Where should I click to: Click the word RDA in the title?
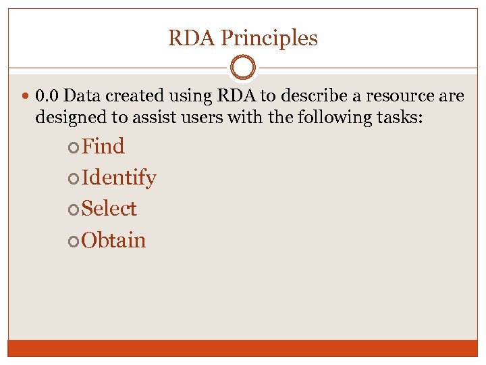coord(192,38)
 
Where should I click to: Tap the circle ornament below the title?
coord(243,68)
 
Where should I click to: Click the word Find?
coord(103,146)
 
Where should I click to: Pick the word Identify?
coord(119,178)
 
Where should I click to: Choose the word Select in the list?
coord(109,209)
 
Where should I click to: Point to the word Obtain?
coord(113,240)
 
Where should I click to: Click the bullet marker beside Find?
coord(74,147)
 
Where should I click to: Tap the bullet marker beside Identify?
coord(74,178)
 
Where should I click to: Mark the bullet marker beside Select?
coord(74,210)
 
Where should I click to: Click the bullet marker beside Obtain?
coord(74,241)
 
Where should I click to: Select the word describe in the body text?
coord(316,96)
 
